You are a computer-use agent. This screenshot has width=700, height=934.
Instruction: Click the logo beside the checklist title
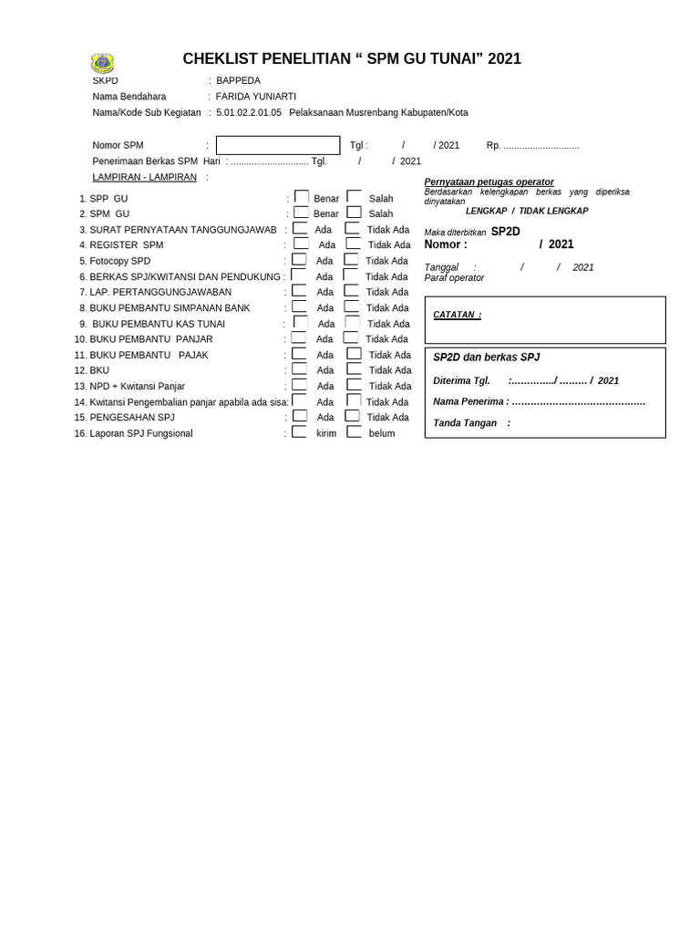coord(102,63)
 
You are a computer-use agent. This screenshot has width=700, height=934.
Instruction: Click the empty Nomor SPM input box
coord(277,146)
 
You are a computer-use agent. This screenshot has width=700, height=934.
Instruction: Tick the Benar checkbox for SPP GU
coord(301,197)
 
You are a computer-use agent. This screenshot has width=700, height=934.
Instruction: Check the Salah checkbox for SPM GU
coord(354,213)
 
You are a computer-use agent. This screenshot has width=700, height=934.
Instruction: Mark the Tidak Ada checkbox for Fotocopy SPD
coord(351,260)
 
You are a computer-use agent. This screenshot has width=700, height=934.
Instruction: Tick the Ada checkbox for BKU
coord(300,369)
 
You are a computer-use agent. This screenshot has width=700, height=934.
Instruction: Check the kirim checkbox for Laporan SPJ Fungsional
coord(299,432)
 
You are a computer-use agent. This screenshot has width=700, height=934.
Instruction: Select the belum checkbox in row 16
coord(354,432)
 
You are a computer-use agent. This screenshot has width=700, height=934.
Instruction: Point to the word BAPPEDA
coord(238,80)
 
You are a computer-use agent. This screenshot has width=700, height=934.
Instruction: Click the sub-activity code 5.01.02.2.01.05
coord(249,113)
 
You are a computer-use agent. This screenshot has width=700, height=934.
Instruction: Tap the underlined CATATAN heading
coord(458,316)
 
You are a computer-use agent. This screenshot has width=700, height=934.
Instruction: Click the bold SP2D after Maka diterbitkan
coord(506,232)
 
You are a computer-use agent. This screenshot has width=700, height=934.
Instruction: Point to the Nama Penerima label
coord(469,401)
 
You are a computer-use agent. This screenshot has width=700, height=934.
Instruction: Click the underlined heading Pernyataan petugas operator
coord(489,182)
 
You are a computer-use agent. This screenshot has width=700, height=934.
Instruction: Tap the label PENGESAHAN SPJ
coord(132,418)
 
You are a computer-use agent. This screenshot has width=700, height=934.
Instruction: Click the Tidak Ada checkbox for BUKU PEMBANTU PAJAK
coord(354,354)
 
